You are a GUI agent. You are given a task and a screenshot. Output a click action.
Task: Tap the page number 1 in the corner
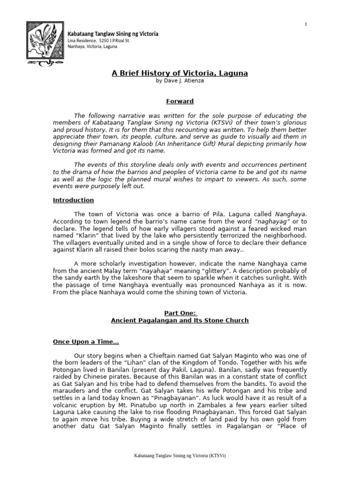pos(306,24)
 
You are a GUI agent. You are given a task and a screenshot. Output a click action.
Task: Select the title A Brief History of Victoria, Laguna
pos(180,73)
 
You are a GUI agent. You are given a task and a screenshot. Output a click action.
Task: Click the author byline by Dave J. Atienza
pos(180,81)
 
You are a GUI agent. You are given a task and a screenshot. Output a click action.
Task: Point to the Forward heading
pos(180,101)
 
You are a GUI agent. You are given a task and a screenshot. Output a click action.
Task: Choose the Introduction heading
pos(73,200)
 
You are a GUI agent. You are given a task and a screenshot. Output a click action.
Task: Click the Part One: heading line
pos(180,313)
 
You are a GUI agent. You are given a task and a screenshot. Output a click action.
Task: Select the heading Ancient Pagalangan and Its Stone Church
pos(180,321)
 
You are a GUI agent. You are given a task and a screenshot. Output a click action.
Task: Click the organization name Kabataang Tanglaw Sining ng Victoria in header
pos(113,34)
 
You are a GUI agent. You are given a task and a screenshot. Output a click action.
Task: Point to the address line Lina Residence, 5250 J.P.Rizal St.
pos(99,41)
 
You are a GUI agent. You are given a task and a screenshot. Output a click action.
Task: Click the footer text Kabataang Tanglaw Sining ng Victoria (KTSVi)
pos(180,455)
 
